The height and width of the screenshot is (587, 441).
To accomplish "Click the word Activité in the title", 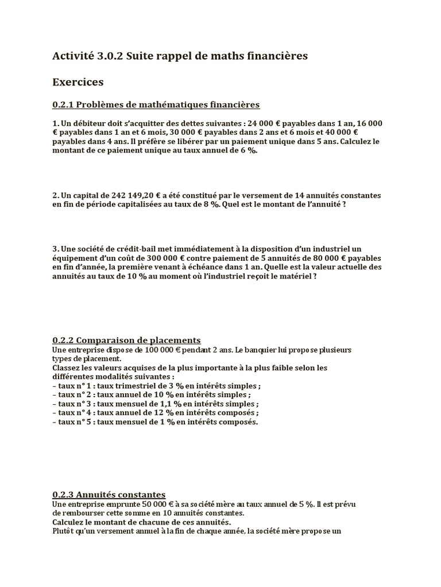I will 72,56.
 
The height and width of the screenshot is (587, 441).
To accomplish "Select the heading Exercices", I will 78,82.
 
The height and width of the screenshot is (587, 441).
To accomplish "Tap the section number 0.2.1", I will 63,104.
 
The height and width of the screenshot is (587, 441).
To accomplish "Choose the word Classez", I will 67,368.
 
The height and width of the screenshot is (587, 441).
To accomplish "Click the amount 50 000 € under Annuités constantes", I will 151,503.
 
